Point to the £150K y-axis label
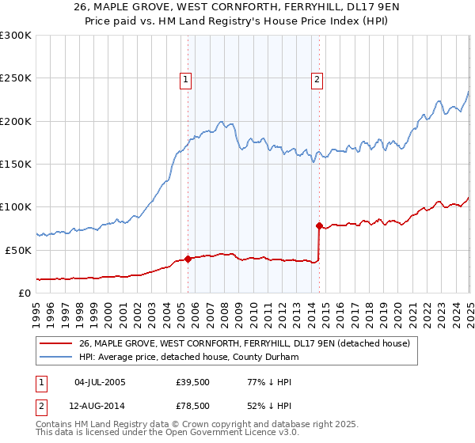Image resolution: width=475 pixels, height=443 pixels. click(16, 164)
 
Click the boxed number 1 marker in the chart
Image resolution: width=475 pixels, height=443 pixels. click(185, 78)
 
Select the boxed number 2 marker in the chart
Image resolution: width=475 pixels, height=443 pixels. click(317, 78)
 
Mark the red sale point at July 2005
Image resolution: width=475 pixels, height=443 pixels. click(188, 259)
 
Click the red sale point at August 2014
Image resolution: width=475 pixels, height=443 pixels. click(319, 225)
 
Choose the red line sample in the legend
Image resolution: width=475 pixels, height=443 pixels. click(55, 343)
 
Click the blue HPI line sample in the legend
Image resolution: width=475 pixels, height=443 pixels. click(55, 357)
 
